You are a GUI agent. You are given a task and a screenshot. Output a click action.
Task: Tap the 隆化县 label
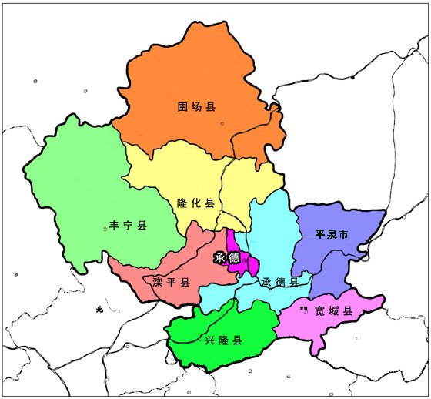tap(195, 203)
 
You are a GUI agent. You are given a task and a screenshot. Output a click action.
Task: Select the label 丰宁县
tap(128, 226)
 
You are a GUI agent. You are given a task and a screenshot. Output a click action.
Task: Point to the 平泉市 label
tap(332, 233)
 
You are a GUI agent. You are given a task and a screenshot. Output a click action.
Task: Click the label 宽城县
tap(333, 311)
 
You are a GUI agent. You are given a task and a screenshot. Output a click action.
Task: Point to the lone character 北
tap(99, 310)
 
